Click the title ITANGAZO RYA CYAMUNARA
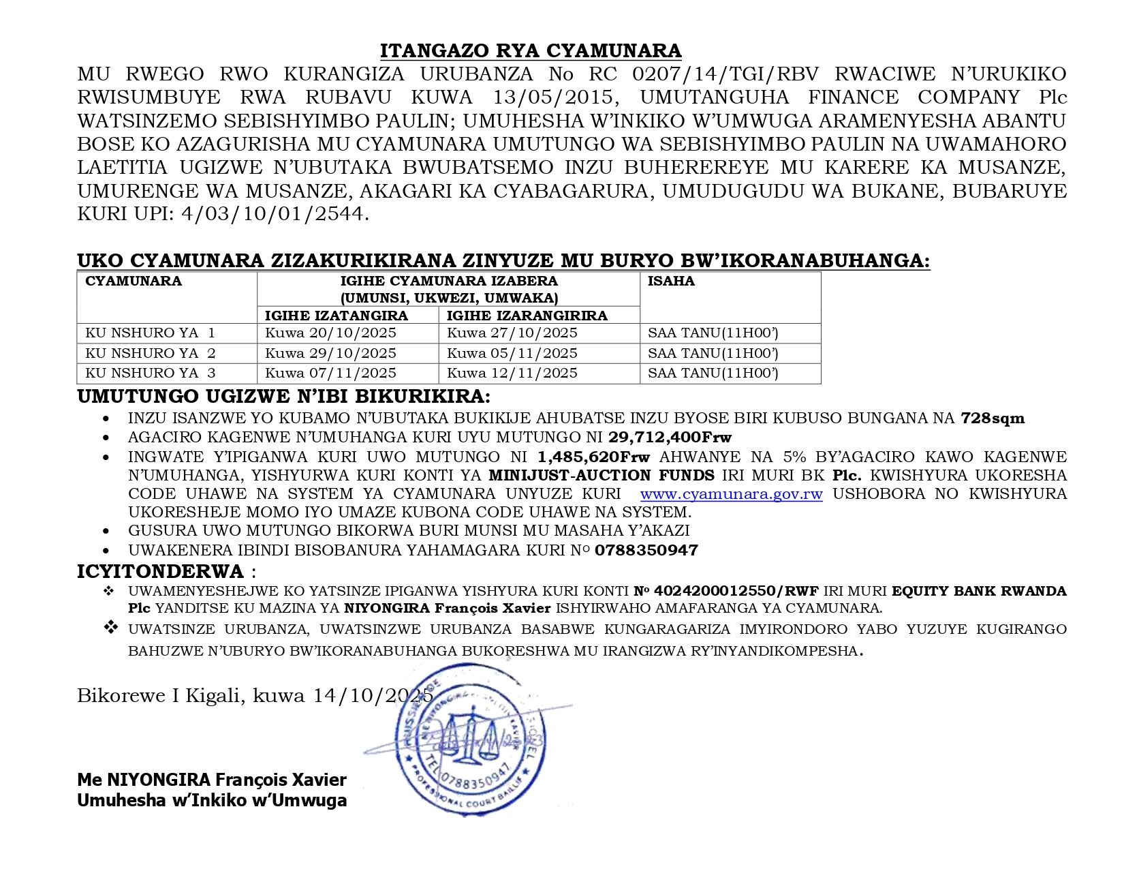(x=531, y=51)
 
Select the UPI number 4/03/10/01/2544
(x=272, y=214)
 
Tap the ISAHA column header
(x=670, y=281)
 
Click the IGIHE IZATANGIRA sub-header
(x=336, y=316)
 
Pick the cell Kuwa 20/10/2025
(x=330, y=333)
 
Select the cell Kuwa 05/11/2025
(x=512, y=353)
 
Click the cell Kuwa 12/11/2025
(x=512, y=373)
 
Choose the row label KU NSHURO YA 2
(x=150, y=353)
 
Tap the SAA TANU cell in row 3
(x=713, y=373)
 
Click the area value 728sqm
(x=993, y=418)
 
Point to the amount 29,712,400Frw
(x=670, y=438)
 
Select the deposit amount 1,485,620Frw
(x=593, y=457)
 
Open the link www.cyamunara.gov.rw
(x=731, y=494)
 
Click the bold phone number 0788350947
(x=646, y=551)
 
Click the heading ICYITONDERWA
(x=160, y=571)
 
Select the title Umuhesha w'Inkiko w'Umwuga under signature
(x=212, y=800)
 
